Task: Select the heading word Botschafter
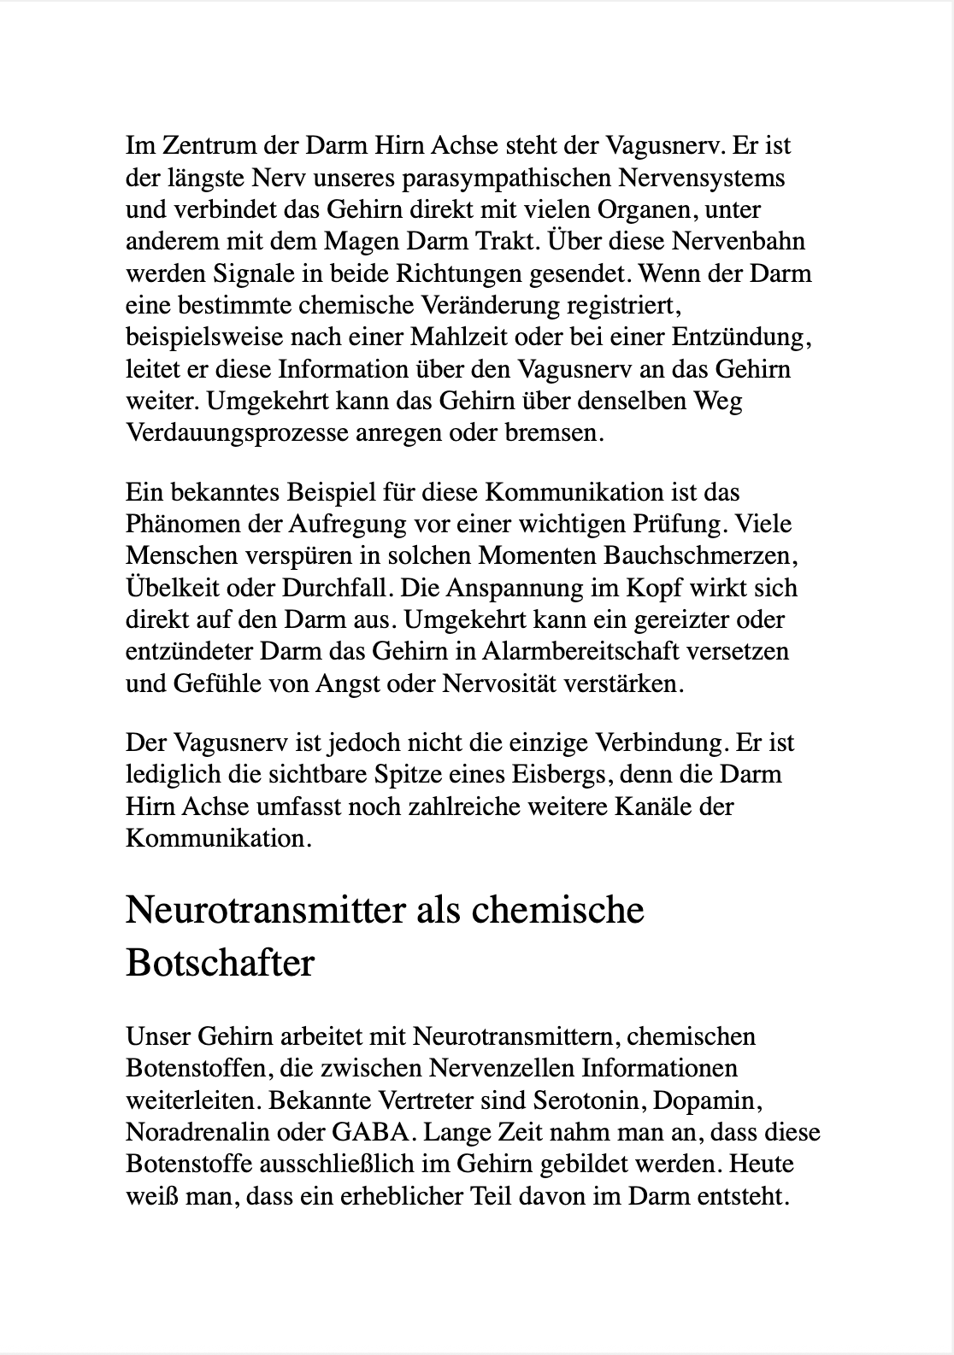coord(220,964)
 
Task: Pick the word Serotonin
coord(585,1100)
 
